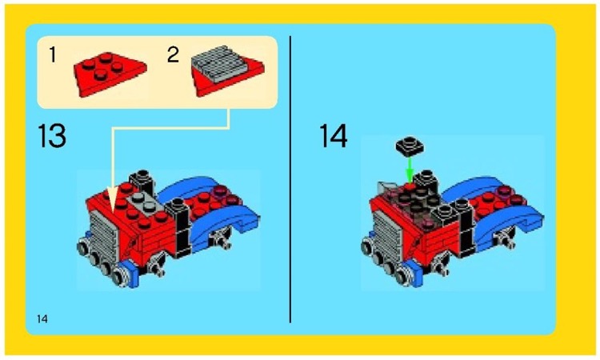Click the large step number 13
52,137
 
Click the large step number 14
334,136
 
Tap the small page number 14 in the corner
42,319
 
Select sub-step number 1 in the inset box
53,55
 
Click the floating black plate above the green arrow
409,146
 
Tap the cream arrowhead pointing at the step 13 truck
112,198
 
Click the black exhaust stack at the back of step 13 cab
142,180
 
